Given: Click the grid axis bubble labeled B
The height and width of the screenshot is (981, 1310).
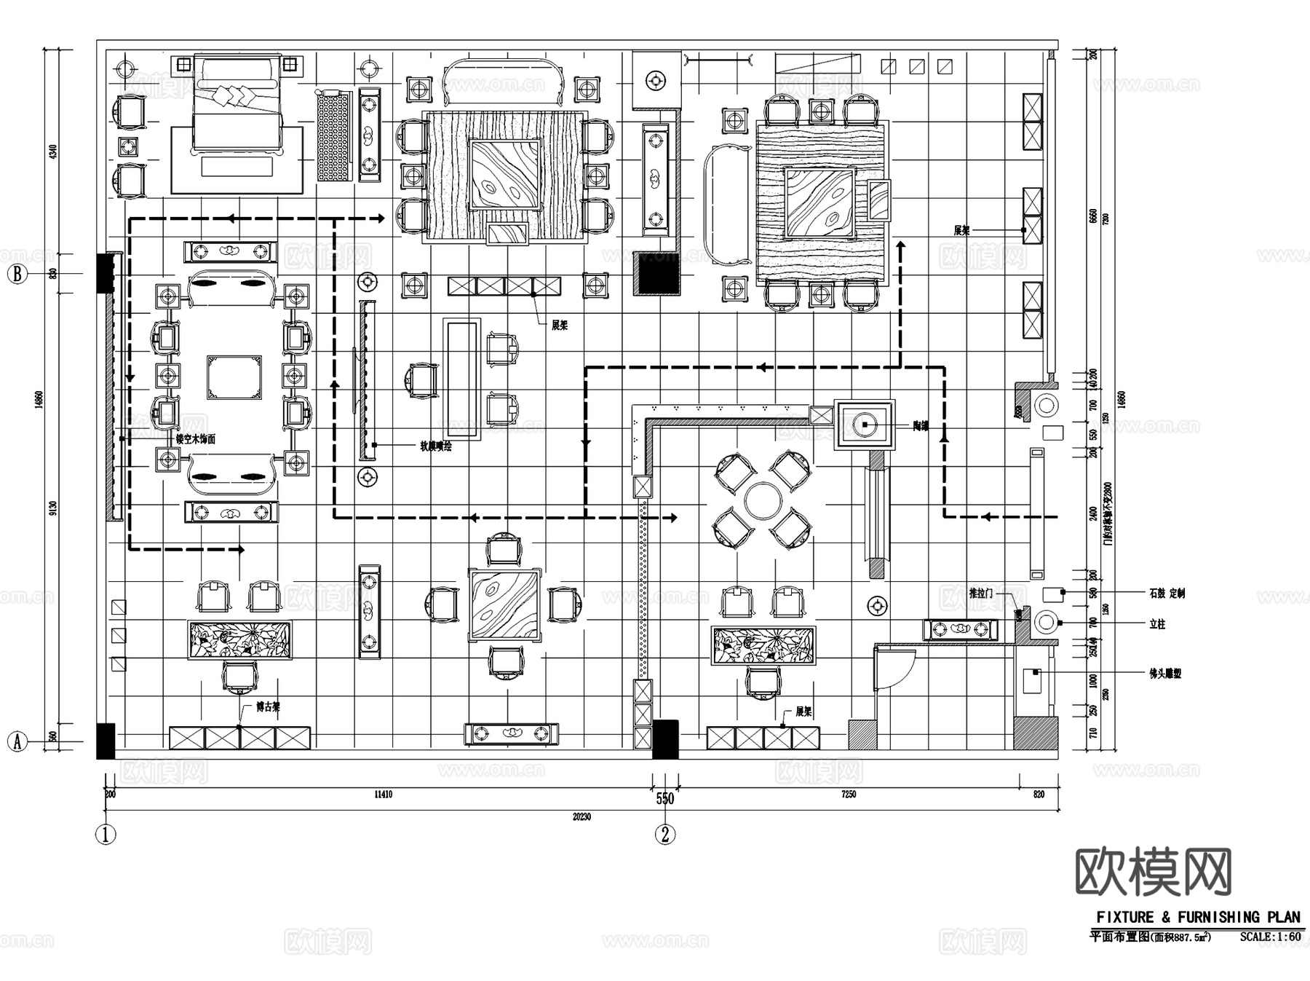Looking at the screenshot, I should (17, 275).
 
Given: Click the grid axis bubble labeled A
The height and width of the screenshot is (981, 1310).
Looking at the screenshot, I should (17, 741).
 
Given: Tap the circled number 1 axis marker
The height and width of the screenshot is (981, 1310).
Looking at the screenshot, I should (106, 834).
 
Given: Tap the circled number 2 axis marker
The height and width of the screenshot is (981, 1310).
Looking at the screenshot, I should (664, 834).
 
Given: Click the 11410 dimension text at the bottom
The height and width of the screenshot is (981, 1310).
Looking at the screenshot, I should (383, 794).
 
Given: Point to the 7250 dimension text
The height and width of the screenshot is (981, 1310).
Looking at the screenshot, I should (848, 794).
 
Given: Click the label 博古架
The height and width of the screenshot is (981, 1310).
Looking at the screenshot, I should (268, 706).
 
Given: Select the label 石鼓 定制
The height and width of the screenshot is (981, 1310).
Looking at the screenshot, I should (1167, 594).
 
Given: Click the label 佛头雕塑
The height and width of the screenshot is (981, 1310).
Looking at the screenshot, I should (1165, 674).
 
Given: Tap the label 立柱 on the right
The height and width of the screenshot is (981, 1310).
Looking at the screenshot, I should (1157, 624).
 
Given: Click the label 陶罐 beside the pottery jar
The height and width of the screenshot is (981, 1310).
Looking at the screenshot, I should (921, 426).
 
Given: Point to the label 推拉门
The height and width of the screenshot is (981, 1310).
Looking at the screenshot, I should (980, 594).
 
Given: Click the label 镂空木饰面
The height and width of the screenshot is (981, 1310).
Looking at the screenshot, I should (196, 439).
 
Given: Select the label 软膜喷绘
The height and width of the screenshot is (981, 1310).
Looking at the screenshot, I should (435, 446).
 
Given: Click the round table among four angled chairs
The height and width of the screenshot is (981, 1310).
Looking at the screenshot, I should (763, 500).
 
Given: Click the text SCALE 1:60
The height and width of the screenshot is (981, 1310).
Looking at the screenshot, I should (1270, 937).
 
